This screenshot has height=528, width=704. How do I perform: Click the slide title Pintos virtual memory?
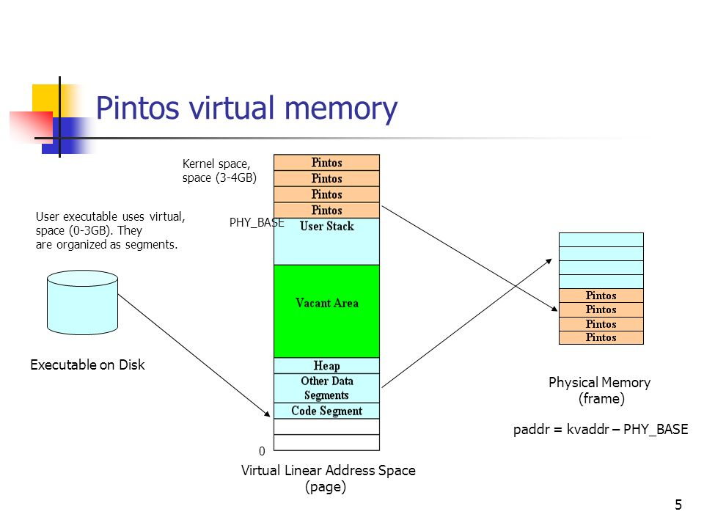pyautogui.click(x=246, y=109)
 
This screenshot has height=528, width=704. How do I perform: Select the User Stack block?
pyautogui.click(x=326, y=241)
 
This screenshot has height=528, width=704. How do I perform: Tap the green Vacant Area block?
pyautogui.click(x=326, y=311)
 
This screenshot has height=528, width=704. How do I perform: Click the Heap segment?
pyautogui.click(x=326, y=365)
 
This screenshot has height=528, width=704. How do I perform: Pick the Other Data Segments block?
pyautogui.click(x=326, y=388)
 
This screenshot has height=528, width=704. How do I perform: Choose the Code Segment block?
pyautogui.click(x=326, y=411)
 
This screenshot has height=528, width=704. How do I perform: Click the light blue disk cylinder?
pyautogui.click(x=82, y=302)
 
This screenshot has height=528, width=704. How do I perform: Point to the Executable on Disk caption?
pyautogui.click(x=87, y=364)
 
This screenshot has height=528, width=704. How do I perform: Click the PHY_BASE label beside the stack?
pyautogui.click(x=256, y=222)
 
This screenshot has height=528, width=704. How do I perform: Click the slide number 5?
pyautogui.click(x=678, y=505)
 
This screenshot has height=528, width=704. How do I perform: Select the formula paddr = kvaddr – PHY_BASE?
pyautogui.click(x=601, y=430)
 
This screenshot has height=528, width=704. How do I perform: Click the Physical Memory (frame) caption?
pyautogui.click(x=600, y=390)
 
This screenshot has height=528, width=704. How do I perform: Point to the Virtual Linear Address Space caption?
pyautogui.click(x=328, y=478)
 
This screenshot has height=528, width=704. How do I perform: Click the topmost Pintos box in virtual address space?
pyautogui.click(x=326, y=162)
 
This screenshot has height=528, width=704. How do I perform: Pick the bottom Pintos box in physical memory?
pyautogui.click(x=601, y=337)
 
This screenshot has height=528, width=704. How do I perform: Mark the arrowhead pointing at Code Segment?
pyautogui.click(x=268, y=411)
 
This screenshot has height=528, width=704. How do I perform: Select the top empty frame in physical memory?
pyautogui.click(x=601, y=240)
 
